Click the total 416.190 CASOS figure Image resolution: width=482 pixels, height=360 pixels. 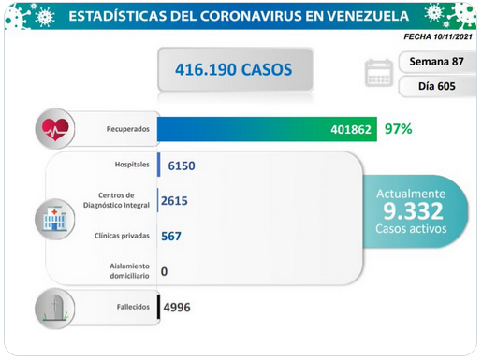(x=233, y=69)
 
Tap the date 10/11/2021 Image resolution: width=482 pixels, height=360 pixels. (x=453, y=36)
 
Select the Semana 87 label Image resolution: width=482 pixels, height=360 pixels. (x=436, y=62)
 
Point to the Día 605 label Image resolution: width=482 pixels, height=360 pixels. (x=437, y=86)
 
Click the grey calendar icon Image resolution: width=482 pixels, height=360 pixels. (x=379, y=73)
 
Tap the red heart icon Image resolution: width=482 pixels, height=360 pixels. (x=55, y=129)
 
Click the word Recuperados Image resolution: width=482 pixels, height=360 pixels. (x=128, y=129)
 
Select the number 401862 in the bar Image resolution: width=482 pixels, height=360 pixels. (x=351, y=129)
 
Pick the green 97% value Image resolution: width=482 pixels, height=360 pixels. (x=399, y=129)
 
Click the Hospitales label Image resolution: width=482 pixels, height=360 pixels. (x=132, y=165)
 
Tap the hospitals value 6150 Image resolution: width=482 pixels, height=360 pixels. (x=182, y=166)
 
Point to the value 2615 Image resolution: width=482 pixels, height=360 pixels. (x=174, y=201)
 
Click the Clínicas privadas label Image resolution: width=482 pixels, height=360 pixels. (x=122, y=236)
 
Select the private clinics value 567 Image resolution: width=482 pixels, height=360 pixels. (x=171, y=236)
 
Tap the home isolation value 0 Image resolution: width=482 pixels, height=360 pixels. (x=164, y=271)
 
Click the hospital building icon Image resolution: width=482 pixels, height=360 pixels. (x=55, y=220)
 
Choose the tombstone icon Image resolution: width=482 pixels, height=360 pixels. (x=55, y=309)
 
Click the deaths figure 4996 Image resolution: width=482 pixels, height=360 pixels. (x=177, y=308)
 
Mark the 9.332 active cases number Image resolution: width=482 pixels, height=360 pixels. (x=413, y=211)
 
